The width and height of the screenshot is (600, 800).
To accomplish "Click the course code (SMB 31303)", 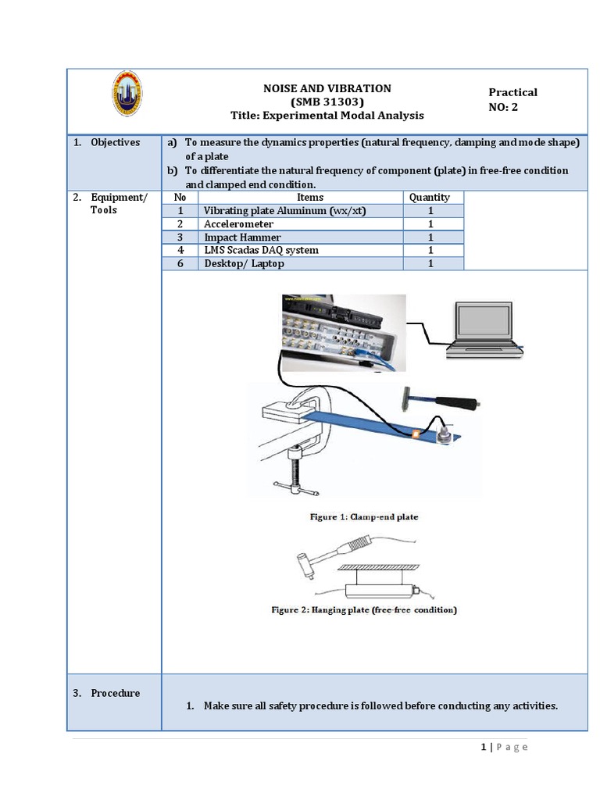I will coord(327,102).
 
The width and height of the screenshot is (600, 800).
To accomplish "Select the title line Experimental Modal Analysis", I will coord(327,115).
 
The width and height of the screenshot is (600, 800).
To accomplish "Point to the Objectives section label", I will coord(115,142).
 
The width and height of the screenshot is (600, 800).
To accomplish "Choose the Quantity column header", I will coord(430,198).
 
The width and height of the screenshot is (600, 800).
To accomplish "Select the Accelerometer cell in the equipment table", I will coord(238,224).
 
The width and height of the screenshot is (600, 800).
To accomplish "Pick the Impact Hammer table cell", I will coord(242,237).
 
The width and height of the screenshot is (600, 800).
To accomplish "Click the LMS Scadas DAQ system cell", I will coord(261,250).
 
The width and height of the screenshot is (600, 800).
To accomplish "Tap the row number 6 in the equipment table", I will coord(180,263).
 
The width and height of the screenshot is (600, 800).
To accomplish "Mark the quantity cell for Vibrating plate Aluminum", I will coord(430,211).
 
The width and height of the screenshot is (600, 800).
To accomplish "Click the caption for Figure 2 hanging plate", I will coord(364,609).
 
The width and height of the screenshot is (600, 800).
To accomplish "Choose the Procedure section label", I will coord(115,693).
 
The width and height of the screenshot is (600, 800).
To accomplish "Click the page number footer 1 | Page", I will coord(504,747).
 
